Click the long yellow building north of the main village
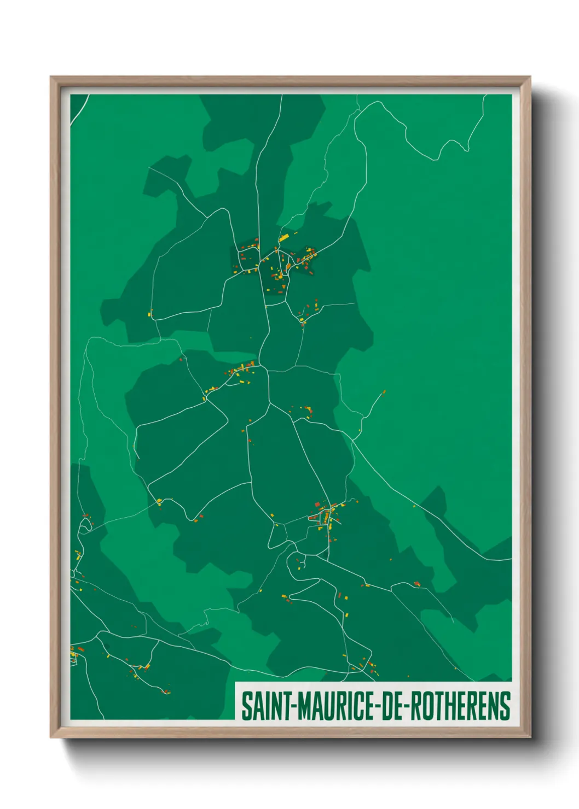point(283,238)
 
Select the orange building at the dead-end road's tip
point(384,391)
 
